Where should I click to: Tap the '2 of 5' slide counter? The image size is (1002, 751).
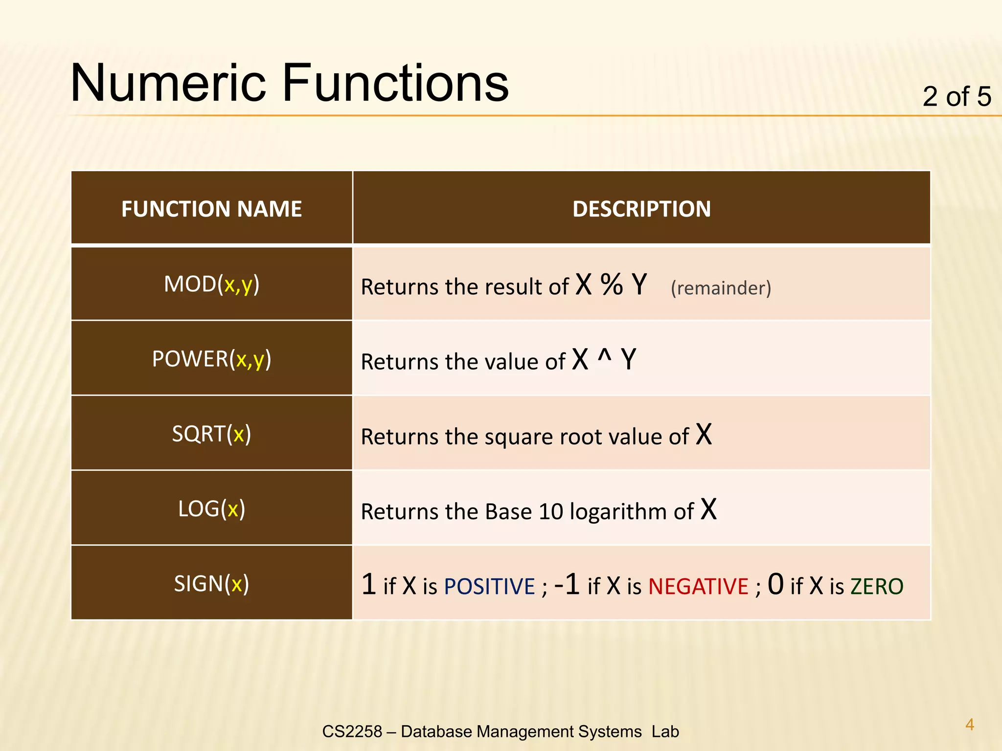click(x=956, y=96)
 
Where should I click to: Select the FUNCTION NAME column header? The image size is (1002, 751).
click(x=211, y=209)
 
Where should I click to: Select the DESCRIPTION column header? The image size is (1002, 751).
click(x=641, y=209)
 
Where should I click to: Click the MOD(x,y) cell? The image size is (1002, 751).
click(x=211, y=284)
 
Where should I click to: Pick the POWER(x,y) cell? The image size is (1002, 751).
click(x=211, y=359)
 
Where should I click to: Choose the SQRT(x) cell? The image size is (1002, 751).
click(x=211, y=434)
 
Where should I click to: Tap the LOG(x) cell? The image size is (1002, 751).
click(x=211, y=508)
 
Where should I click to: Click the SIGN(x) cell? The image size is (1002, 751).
click(x=211, y=583)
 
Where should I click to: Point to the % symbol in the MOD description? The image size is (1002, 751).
click(x=612, y=285)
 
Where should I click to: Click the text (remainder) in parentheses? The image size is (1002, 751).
click(x=721, y=288)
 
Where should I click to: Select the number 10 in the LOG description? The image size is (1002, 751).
click(x=551, y=512)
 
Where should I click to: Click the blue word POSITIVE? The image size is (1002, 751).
click(x=489, y=587)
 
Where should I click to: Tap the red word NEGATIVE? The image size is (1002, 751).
click(x=698, y=587)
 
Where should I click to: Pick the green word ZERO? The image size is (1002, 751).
click(x=877, y=587)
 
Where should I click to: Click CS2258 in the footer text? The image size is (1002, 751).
click(x=352, y=731)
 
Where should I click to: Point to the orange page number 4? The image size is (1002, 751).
click(x=969, y=724)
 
